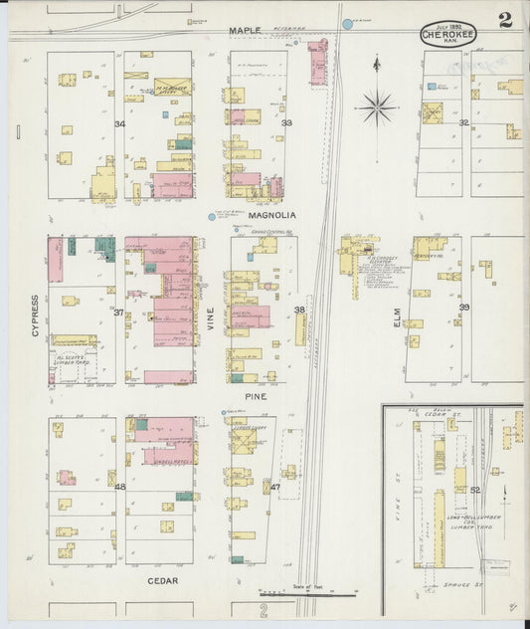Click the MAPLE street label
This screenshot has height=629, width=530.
click(x=244, y=31)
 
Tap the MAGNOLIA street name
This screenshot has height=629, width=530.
click(x=268, y=214)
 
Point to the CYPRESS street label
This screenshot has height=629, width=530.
click(x=35, y=314)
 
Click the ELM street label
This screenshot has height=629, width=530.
click(x=396, y=316)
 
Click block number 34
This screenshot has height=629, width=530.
click(x=119, y=123)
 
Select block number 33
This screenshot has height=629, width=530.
click(x=286, y=122)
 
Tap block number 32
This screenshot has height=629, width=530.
click(x=463, y=122)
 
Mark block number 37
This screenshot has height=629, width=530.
click(x=118, y=313)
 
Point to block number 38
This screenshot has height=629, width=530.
click(x=299, y=310)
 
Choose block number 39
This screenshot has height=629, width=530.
click(x=463, y=309)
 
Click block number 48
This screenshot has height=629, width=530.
click(x=119, y=487)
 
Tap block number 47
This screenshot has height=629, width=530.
click(x=274, y=487)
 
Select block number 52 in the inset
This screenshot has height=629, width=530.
click(x=474, y=490)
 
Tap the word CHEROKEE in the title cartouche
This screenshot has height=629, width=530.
click(x=448, y=34)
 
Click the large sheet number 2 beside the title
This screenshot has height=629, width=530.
click(x=506, y=20)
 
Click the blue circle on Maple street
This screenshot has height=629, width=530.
click(x=347, y=23)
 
